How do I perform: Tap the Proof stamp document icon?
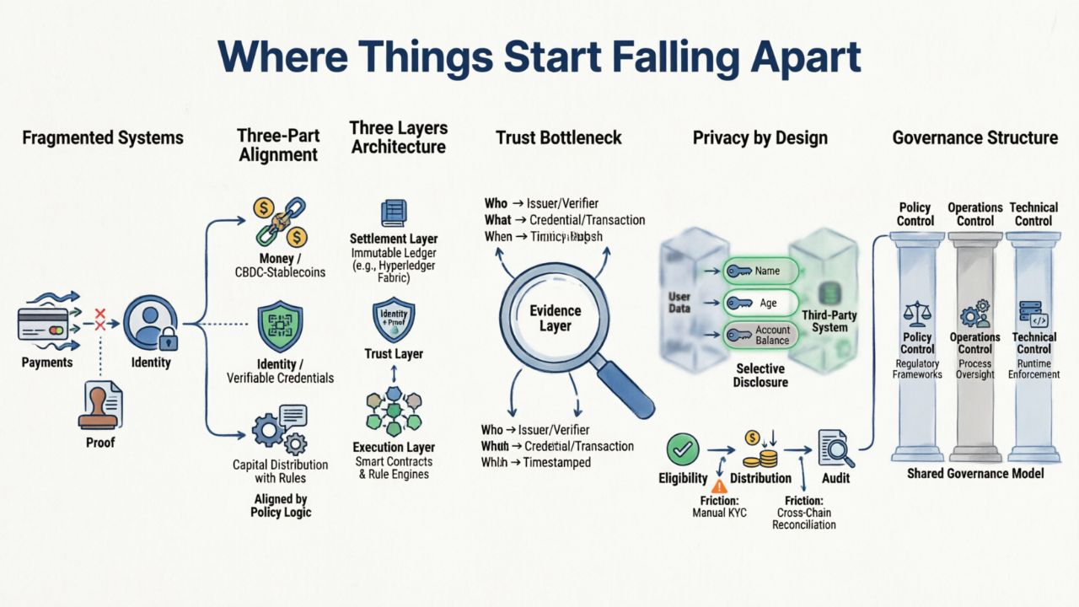[x=102, y=406]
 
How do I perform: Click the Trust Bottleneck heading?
[x=558, y=137]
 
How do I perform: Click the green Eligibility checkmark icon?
[x=682, y=449]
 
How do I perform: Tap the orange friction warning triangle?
[x=719, y=486]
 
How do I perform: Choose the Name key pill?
[x=758, y=271]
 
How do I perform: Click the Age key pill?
[x=758, y=303]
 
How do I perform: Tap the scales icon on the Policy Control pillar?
[x=916, y=314]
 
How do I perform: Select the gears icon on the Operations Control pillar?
[x=975, y=313]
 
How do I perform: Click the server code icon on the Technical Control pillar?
[x=1033, y=313]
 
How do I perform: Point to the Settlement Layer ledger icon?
[x=394, y=212]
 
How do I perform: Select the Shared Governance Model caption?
[x=975, y=474]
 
